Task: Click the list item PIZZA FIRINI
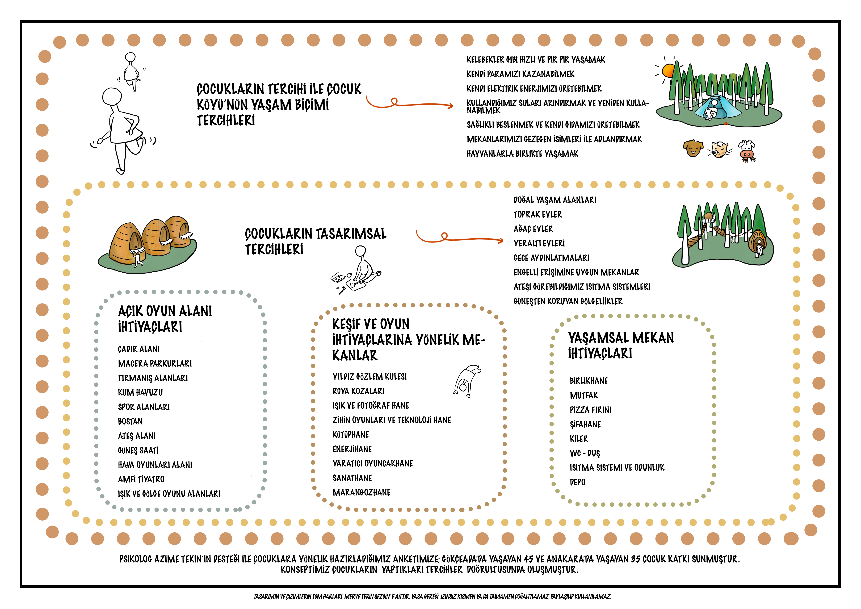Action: tap(590, 410)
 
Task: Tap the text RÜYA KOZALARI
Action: tap(359, 391)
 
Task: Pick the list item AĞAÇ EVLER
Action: tap(533, 229)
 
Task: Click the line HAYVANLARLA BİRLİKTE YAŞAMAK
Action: tap(522, 154)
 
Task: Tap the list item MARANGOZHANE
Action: tap(362, 492)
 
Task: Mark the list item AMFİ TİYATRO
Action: tap(141, 479)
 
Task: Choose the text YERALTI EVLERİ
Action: tap(539, 243)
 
